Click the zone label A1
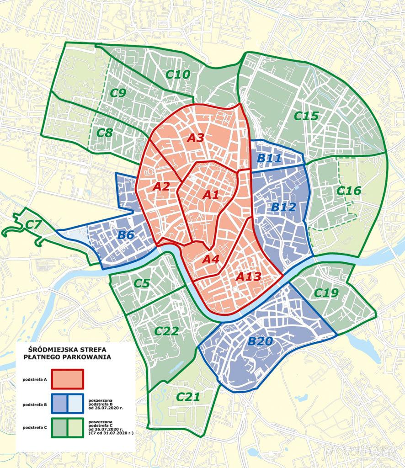211,195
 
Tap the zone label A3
195,138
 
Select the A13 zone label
248,277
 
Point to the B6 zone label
126,235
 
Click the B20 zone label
260,341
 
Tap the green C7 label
33,224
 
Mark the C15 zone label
306,116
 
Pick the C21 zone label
188,397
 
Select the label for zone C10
177,74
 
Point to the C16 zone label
348,191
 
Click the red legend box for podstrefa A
68,379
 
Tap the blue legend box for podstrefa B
68,404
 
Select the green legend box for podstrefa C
68,428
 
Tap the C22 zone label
166,331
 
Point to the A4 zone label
211,259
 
